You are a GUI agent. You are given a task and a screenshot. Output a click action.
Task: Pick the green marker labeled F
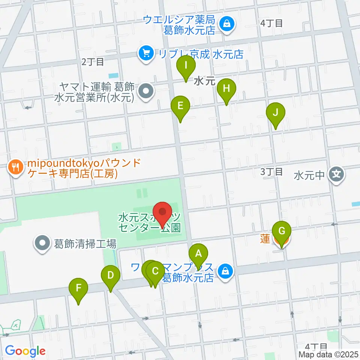coord(79,288)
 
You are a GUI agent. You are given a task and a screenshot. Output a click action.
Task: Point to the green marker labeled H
coord(226,89)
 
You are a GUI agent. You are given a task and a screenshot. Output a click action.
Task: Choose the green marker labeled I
coord(186,66)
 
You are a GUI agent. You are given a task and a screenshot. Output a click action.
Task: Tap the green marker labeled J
coord(276,113)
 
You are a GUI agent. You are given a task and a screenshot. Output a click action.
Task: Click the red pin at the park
coord(163,212)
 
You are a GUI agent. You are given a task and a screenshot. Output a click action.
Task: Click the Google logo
coord(25,351)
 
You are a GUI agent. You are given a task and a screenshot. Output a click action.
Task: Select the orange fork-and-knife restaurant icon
coord(15,166)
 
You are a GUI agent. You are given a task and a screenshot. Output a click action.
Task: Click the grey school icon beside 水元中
coord(336,174)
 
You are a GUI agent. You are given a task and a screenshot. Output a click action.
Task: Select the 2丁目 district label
coord(93,62)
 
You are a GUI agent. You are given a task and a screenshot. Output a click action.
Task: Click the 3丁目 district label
coord(272,172)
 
